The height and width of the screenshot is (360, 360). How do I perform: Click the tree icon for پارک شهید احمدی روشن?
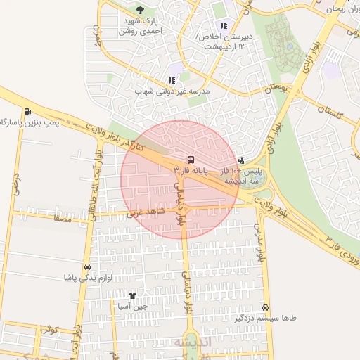point(140,10)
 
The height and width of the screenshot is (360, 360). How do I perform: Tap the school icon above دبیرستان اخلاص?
point(224,26)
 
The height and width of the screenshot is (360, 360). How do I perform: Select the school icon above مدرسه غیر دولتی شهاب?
point(172,81)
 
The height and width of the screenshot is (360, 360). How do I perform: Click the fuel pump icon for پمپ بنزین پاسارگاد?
point(27,111)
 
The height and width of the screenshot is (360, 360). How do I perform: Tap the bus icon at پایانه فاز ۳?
point(191,160)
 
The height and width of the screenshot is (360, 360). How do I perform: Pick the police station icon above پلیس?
point(242,160)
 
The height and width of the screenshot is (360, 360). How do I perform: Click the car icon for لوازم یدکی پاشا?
point(86,267)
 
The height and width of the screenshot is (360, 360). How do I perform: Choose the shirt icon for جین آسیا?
point(133,295)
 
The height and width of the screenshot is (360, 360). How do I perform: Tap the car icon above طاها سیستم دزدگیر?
point(265,307)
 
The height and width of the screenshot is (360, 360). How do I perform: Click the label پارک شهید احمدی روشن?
point(141,27)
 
